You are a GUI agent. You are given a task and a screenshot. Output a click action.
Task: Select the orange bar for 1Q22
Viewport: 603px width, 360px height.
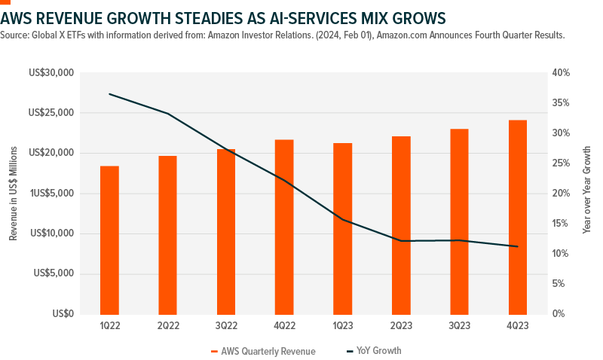point(109,239)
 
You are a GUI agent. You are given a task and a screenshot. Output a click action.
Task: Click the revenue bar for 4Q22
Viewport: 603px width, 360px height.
point(284,226)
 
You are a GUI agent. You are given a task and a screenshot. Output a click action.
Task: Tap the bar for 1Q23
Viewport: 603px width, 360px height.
point(342,228)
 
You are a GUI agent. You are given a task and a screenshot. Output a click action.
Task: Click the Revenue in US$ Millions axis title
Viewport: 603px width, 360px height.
point(13,194)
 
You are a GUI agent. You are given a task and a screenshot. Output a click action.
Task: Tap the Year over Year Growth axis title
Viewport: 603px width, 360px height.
point(586,194)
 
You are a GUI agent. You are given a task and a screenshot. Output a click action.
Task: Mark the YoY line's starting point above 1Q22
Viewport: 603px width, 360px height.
point(109,94)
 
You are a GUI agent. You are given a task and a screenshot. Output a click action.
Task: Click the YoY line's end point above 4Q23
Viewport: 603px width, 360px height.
point(517,246)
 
